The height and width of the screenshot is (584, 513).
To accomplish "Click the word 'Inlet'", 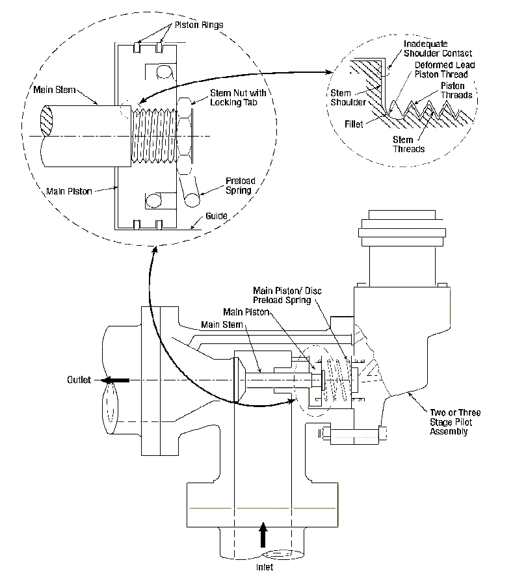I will click(x=264, y=567).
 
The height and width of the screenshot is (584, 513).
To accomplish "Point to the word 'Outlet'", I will click(x=80, y=380).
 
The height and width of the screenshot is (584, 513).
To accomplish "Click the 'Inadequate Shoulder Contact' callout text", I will click(x=438, y=49).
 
